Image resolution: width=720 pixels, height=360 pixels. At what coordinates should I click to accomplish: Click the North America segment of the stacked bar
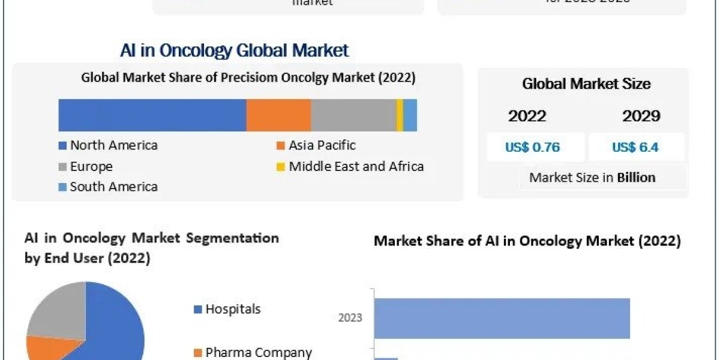[152, 115]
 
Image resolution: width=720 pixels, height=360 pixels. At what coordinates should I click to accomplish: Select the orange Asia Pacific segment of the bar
[278, 115]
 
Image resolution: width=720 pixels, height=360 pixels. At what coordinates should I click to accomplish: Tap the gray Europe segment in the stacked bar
[353, 115]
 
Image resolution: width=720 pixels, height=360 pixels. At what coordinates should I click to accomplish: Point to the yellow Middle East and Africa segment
[400, 115]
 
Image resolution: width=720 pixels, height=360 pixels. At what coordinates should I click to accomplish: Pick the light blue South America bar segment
[410, 115]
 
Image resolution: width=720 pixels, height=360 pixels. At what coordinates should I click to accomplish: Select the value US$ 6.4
[636, 147]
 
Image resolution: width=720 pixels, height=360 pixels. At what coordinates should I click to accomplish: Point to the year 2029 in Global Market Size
[641, 116]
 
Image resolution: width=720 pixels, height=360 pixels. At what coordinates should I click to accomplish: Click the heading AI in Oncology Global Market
[235, 50]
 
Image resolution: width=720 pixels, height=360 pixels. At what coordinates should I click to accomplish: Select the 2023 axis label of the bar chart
[350, 318]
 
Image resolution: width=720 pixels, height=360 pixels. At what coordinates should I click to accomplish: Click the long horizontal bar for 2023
[502, 318]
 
